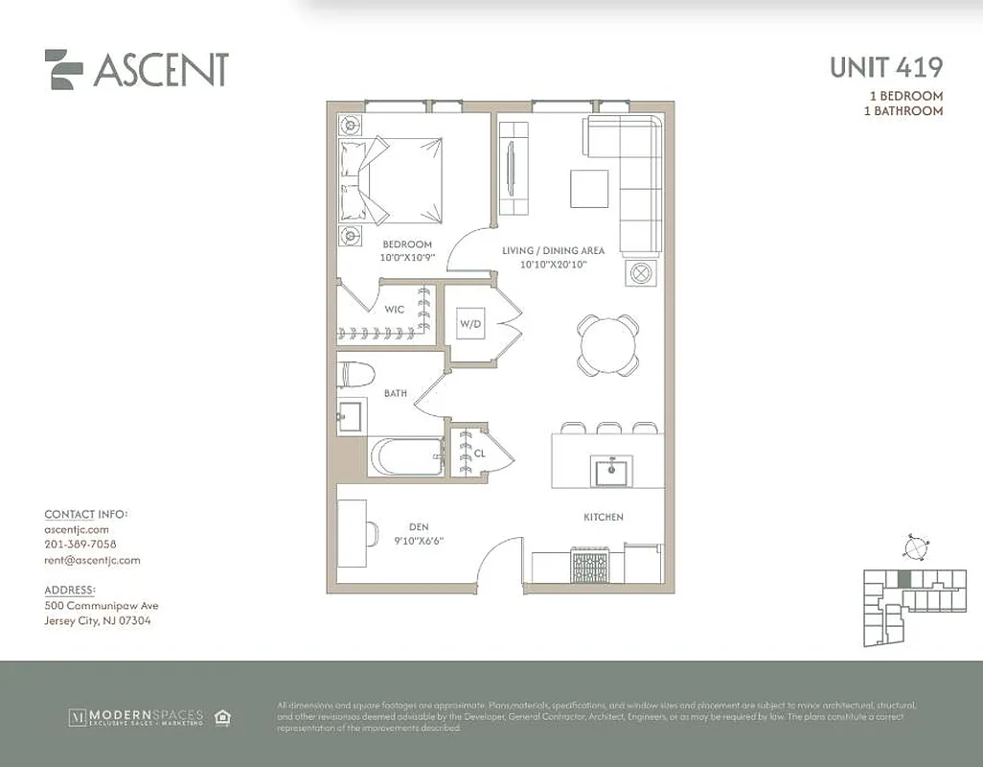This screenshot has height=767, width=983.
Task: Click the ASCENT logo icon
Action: pos(64,69)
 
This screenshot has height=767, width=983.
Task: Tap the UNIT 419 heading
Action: pos(885,68)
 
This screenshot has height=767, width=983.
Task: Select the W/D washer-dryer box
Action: pos(470,324)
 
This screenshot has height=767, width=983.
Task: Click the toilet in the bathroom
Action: pos(355,375)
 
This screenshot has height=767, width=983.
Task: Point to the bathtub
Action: pos(406,457)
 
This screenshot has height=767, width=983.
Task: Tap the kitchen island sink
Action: pos(608,471)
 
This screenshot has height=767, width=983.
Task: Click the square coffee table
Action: pos(589,188)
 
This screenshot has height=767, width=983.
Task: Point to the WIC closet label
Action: pos(394,310)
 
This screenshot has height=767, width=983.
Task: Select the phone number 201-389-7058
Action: pos(80,545)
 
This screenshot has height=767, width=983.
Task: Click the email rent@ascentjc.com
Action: pos(92,560)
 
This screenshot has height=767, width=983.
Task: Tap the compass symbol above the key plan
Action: pos(916,547)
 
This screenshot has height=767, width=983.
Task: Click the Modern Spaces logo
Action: pos(135,716)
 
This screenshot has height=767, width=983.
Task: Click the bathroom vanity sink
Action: pos(350,415)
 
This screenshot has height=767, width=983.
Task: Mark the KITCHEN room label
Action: pos(604,517)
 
